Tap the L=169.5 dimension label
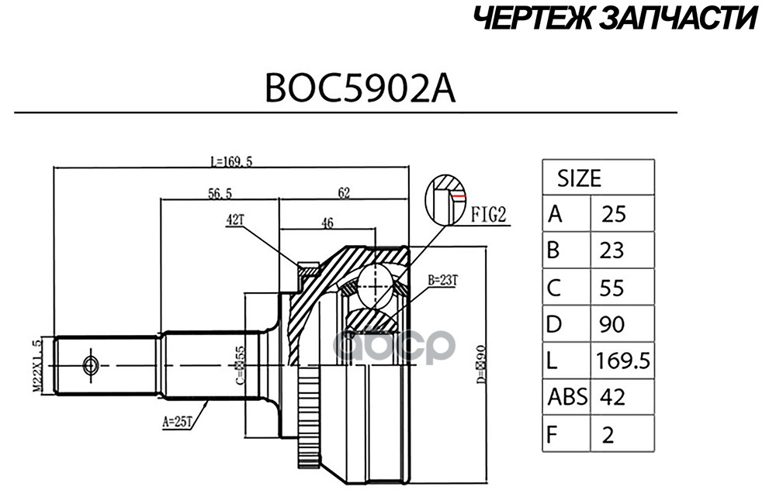(x=232, y=161)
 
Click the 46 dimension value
(x=327, y=223)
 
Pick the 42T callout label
(x=235, y=220)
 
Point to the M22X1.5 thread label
(x=35, y=364)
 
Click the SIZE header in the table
(x=579, y=179)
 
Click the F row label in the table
(x=554, y=433)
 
